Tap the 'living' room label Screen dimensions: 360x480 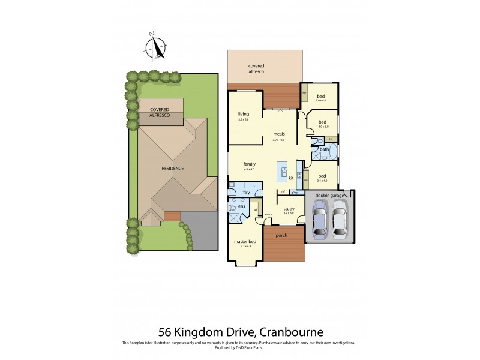[243, 113]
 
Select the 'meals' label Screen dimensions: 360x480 [278, 134]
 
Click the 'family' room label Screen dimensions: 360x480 [249, 163]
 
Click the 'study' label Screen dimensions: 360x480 [288, 208]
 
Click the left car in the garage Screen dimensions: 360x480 [319, 220]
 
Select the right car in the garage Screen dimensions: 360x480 [340, 220]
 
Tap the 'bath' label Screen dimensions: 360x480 [323, 149]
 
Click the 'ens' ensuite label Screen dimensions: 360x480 [241, 206]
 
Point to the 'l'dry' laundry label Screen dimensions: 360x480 [245, 192]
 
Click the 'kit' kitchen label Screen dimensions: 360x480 [291, 178]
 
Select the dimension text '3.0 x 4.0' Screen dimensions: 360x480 [321, 100]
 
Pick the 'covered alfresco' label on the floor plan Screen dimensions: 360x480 [256, 68]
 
